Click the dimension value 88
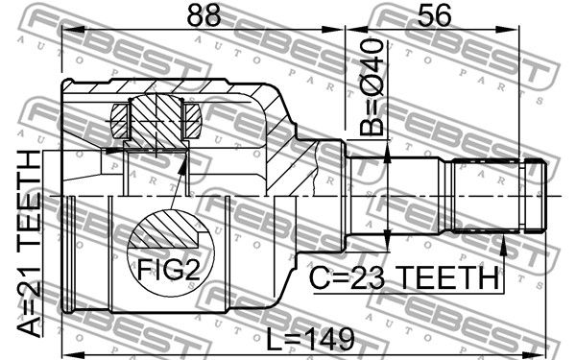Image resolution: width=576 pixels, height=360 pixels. (204, 15)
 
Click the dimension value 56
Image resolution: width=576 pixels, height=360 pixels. (434, 15)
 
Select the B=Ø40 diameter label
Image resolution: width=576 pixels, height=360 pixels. (372, 87)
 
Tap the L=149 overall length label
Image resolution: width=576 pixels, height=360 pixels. (310, 340)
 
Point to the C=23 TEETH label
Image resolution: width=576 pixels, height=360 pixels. (404, 278)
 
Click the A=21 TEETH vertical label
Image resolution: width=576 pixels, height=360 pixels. (30, 244)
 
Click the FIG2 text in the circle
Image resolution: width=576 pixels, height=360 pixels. (169, 270)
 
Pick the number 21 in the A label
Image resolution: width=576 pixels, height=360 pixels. (30, 281)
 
